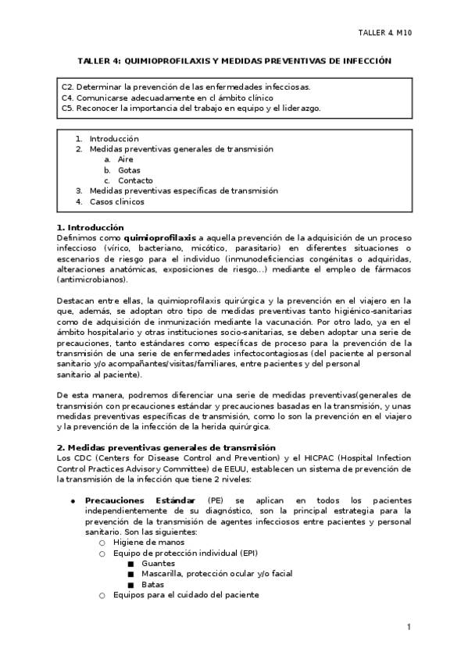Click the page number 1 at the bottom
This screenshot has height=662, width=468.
pos(409,626)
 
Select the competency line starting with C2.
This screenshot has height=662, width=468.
pos(191,87)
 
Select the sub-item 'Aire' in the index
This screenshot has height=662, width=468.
pos(126,159)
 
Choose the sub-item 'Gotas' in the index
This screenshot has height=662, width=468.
pos(129,169)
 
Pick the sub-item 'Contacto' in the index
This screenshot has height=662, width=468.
pos(135,180)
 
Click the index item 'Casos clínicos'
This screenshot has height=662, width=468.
pos(117,201)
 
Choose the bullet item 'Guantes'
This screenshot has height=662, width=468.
pos(159,563)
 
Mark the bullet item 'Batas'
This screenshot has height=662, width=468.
pos(154,584)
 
